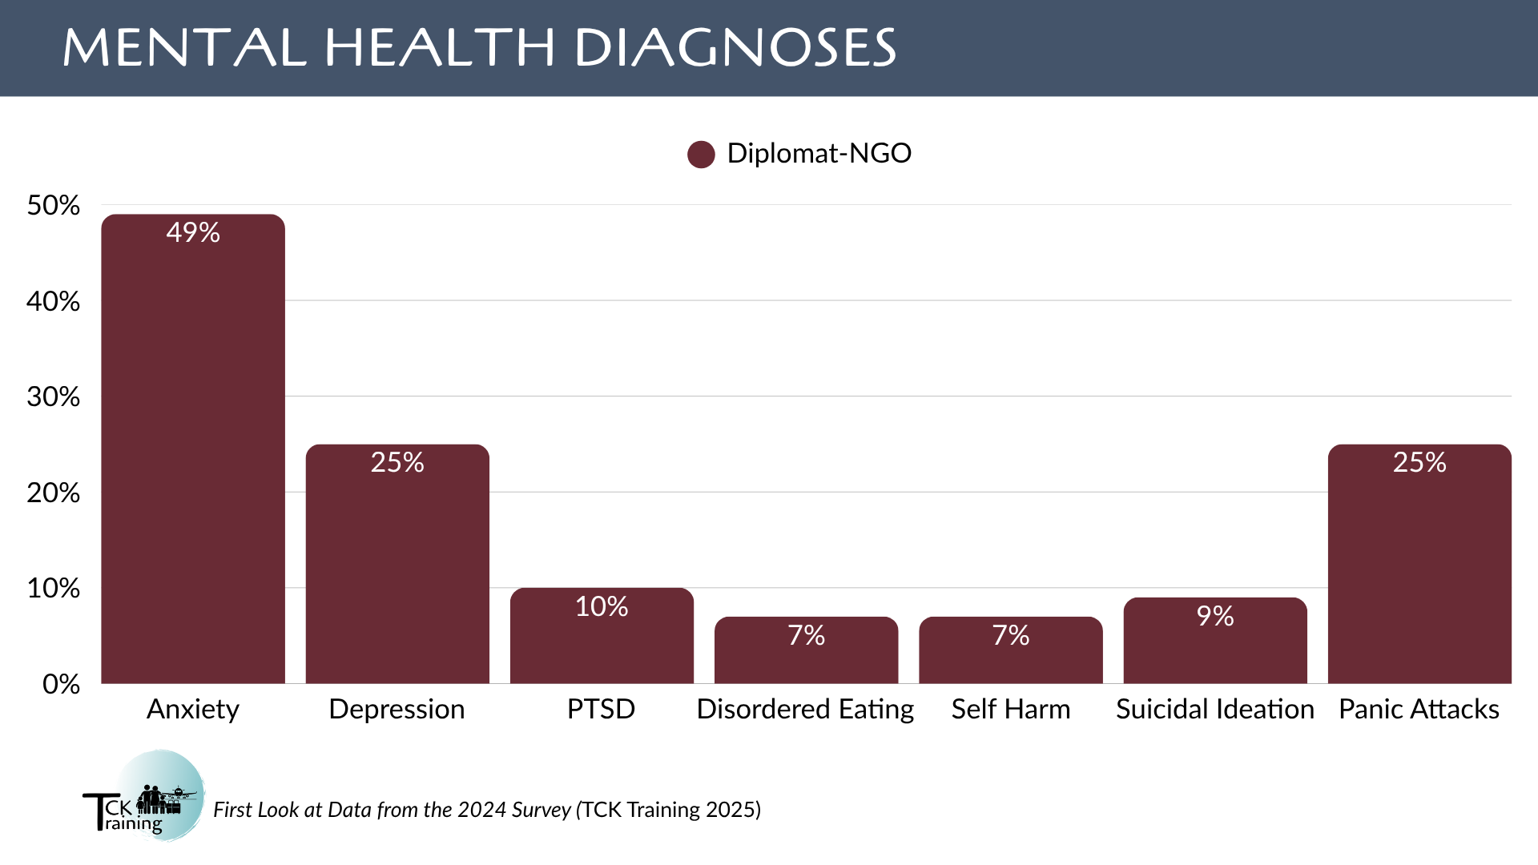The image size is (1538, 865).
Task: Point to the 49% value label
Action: [193, 232]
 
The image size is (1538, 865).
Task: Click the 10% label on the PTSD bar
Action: [602, 606]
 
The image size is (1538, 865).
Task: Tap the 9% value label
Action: [1215, 616]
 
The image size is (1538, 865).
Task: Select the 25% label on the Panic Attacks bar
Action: [1419, 462]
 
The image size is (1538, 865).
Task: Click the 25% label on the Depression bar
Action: [397, 462]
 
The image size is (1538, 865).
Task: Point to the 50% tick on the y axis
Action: [54, 206]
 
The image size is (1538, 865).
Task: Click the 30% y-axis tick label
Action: [54, 397]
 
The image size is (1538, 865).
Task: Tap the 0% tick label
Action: [61, 684]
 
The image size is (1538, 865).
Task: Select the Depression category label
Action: [397, 710]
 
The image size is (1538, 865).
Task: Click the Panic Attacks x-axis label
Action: [1419, 710]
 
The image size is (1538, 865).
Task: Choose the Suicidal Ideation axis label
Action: [1215, 710]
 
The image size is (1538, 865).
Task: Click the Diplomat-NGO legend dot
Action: [701, 155]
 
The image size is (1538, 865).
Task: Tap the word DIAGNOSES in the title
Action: [735, 48]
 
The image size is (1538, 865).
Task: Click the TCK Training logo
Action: [144, 796]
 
